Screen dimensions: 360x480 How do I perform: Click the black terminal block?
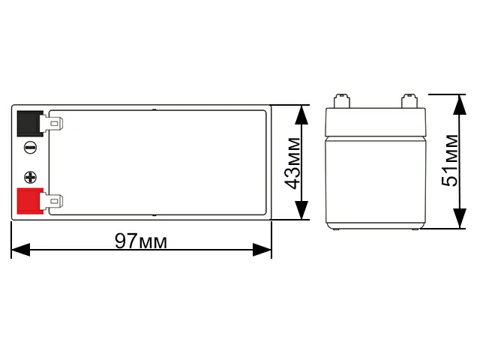28,123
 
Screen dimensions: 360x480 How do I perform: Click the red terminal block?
28,201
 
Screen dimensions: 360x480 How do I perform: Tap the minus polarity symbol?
30,148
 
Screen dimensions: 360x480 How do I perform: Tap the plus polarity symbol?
30,178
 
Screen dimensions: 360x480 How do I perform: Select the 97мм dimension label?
141,241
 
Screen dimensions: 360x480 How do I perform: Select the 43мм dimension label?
292,162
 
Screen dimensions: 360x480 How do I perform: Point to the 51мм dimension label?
450,161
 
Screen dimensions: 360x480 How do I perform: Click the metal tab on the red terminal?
54,201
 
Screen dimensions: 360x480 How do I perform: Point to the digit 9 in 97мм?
120,241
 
